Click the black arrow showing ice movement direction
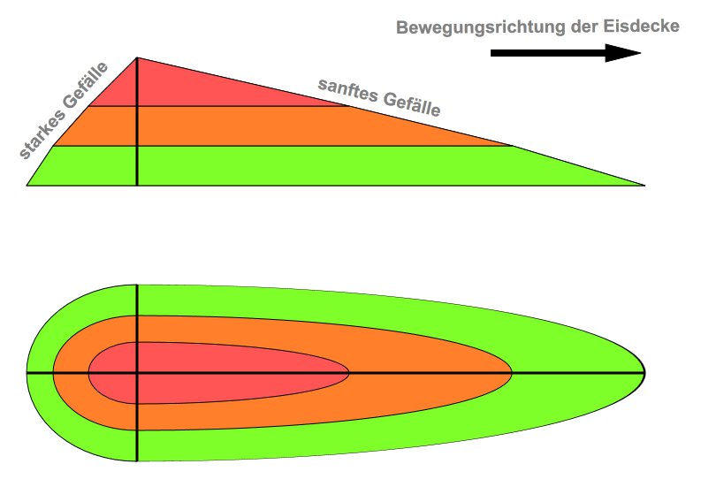click(566, 54)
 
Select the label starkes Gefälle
click(65, 111)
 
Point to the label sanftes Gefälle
click(378, 97)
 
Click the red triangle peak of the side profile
click(137, 59)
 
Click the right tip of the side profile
click(644, 185)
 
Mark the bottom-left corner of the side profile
click(27, 185)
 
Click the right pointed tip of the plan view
click(644, 373)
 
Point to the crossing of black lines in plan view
click(137, 373)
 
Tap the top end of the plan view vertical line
click(137, 285)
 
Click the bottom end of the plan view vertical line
click(137, 460)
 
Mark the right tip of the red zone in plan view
click(348, 373)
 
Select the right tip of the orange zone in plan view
click(512, 373)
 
